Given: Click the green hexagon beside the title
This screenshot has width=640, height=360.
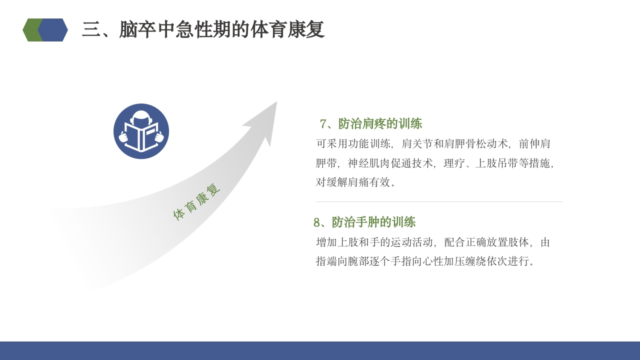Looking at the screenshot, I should tap(30, 30).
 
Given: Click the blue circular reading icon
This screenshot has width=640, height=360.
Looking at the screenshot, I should tap(141, 131).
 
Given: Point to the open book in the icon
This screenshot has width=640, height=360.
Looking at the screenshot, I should tap(141, 137).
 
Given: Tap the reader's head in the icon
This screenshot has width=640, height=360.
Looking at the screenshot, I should tap(141, 118).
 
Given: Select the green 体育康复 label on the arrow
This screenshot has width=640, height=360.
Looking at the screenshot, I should tap(196, 202).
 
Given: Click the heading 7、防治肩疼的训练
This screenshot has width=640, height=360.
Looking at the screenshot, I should tap(371, 123).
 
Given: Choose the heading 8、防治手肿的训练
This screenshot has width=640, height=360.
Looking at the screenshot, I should tap(364, 222).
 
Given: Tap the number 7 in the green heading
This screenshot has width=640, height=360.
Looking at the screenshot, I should tap(323, 123).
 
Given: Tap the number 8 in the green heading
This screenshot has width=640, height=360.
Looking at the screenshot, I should tap(317, 222).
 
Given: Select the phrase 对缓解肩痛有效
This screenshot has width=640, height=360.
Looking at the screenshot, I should tap(352, 182).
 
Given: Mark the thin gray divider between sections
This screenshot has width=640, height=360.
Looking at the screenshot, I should tap(439, 201).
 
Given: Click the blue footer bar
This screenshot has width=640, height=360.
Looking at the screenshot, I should tap(320, 350).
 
